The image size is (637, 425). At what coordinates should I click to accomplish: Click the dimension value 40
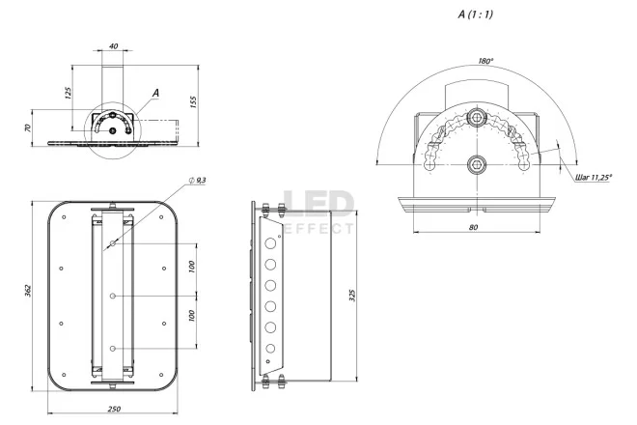tap(114, 46)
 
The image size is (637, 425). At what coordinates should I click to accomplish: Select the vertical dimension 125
tap(68, 93)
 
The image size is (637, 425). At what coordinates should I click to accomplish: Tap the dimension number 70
tap(29, 127)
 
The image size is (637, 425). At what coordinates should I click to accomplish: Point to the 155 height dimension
tap(195, 102)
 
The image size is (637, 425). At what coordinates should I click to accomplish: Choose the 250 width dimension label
tap(114, 410)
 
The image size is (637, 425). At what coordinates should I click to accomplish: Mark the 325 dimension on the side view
tap(354, 296)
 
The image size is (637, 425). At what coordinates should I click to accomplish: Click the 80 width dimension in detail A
tap(474, 228)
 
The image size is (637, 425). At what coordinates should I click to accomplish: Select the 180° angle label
tap(485, 61)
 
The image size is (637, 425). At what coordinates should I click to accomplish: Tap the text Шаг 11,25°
tap(595, 178)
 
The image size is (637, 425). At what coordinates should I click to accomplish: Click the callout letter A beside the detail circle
tap(154, 93)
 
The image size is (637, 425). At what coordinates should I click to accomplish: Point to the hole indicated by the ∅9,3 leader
tap(114, 244)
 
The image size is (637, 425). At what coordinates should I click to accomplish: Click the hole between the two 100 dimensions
tap(114, 296)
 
